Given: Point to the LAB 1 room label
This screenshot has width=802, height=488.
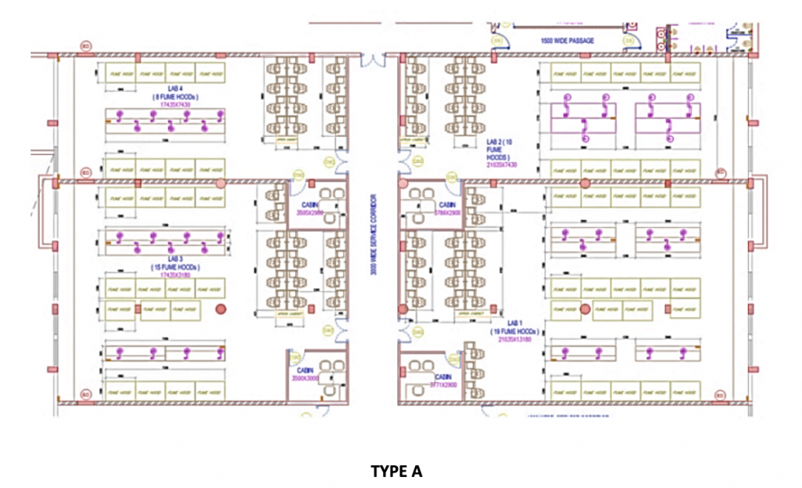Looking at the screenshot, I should tap(513, 323).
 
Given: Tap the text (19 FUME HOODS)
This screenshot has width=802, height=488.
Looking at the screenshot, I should tap(513, 332).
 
